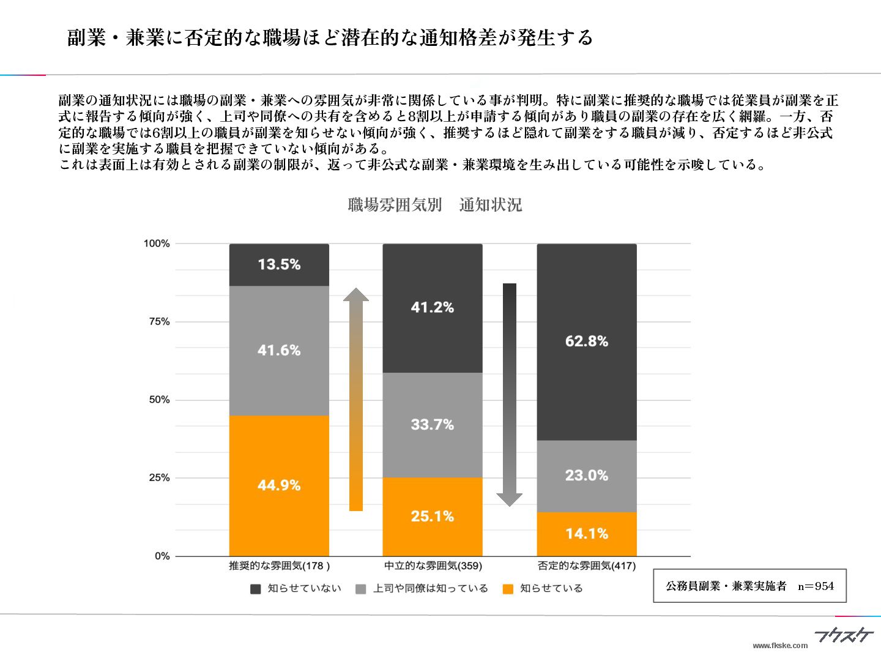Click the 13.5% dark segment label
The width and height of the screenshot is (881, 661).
pos(279,264)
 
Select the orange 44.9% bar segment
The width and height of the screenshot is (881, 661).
pos(279,485)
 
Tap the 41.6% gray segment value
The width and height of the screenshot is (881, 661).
pos(279,350)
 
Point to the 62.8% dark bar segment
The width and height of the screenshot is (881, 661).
pos(586,341)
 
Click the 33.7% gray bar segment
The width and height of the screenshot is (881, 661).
pos(432,424)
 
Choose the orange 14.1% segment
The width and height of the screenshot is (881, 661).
pos(586,534)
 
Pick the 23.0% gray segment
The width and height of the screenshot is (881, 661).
pos(586,476)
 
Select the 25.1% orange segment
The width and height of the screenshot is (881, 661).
pos(432,517)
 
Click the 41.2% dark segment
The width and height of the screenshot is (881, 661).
pos(432,307)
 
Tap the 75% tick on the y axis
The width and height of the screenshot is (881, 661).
pos(159,322)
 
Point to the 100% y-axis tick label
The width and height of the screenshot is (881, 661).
pos(157,244)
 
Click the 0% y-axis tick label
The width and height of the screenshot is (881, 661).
pos(162,556)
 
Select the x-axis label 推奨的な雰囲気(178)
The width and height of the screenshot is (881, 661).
pos(279,566)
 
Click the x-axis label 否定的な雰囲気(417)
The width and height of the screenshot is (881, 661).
pos(586,566)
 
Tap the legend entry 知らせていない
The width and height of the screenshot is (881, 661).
pos(296,589)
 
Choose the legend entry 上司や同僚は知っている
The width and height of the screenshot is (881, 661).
pos(422,589)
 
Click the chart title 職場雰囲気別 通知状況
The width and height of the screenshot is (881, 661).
pos(434,205)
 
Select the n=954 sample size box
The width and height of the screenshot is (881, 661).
pos(749,586)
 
